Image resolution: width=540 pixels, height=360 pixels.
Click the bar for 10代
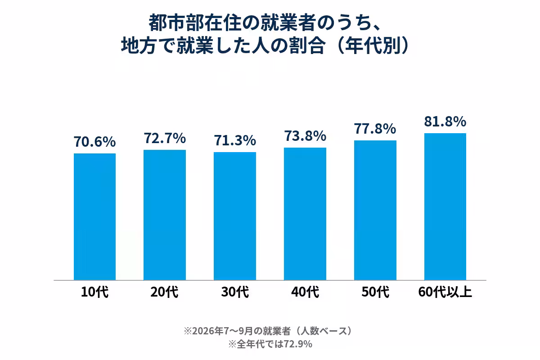(x=95, y=217)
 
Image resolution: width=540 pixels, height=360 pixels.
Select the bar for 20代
(x=165, y=215)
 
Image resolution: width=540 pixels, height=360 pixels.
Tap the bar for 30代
(x=235, y=216)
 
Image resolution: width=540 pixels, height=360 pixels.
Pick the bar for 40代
(x=305, y=214)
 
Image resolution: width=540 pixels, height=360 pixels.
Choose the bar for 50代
(x=375, y=210)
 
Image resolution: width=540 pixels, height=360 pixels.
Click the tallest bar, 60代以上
(x=445, y=207)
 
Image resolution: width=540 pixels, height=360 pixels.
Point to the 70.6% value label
(x=95, y=142)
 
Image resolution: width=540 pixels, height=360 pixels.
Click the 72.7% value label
(x=165, y=138)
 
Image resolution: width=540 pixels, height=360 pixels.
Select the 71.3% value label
(x=235, y=140)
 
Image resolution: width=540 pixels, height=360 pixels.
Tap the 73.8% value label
(x=305, y=135)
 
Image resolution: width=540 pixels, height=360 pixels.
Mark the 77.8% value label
(x=375, y=128)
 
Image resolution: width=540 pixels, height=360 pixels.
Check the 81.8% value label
(x=445, y=121)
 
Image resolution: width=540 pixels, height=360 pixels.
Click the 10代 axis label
(x=95, y=292)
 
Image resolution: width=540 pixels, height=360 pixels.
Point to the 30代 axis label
(x=235, y=292)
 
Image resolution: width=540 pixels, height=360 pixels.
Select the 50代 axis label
(x=375, y=292)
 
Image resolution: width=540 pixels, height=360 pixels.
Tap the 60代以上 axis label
(x=445, y=292)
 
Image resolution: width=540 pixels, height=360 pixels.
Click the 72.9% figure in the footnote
(x=298, y=344)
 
